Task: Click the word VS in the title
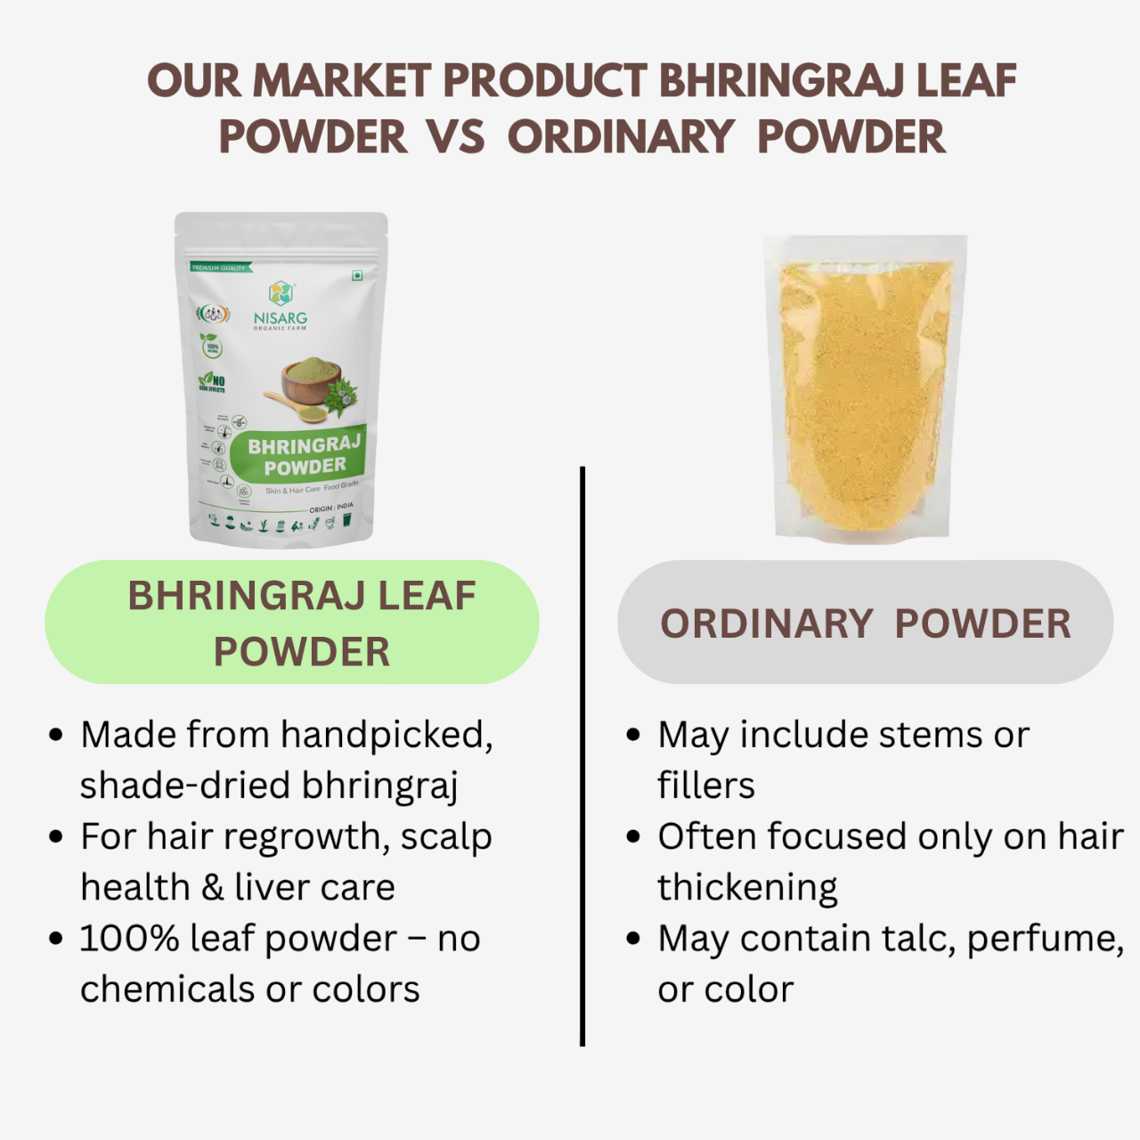455,137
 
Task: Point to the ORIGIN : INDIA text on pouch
331,507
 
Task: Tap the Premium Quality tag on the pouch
220,267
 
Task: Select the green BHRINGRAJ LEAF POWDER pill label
292,623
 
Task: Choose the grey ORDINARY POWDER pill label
865,623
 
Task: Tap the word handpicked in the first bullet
386,736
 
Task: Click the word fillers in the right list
706,786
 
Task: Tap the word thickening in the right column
747,888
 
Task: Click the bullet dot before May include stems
633,736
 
